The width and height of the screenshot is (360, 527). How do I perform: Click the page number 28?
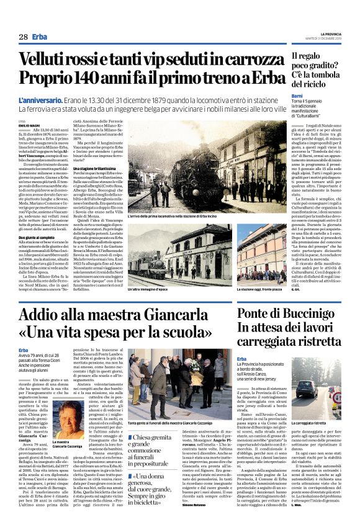(x=22, y=37)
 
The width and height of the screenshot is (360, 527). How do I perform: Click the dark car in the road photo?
(x=307, y=389)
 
